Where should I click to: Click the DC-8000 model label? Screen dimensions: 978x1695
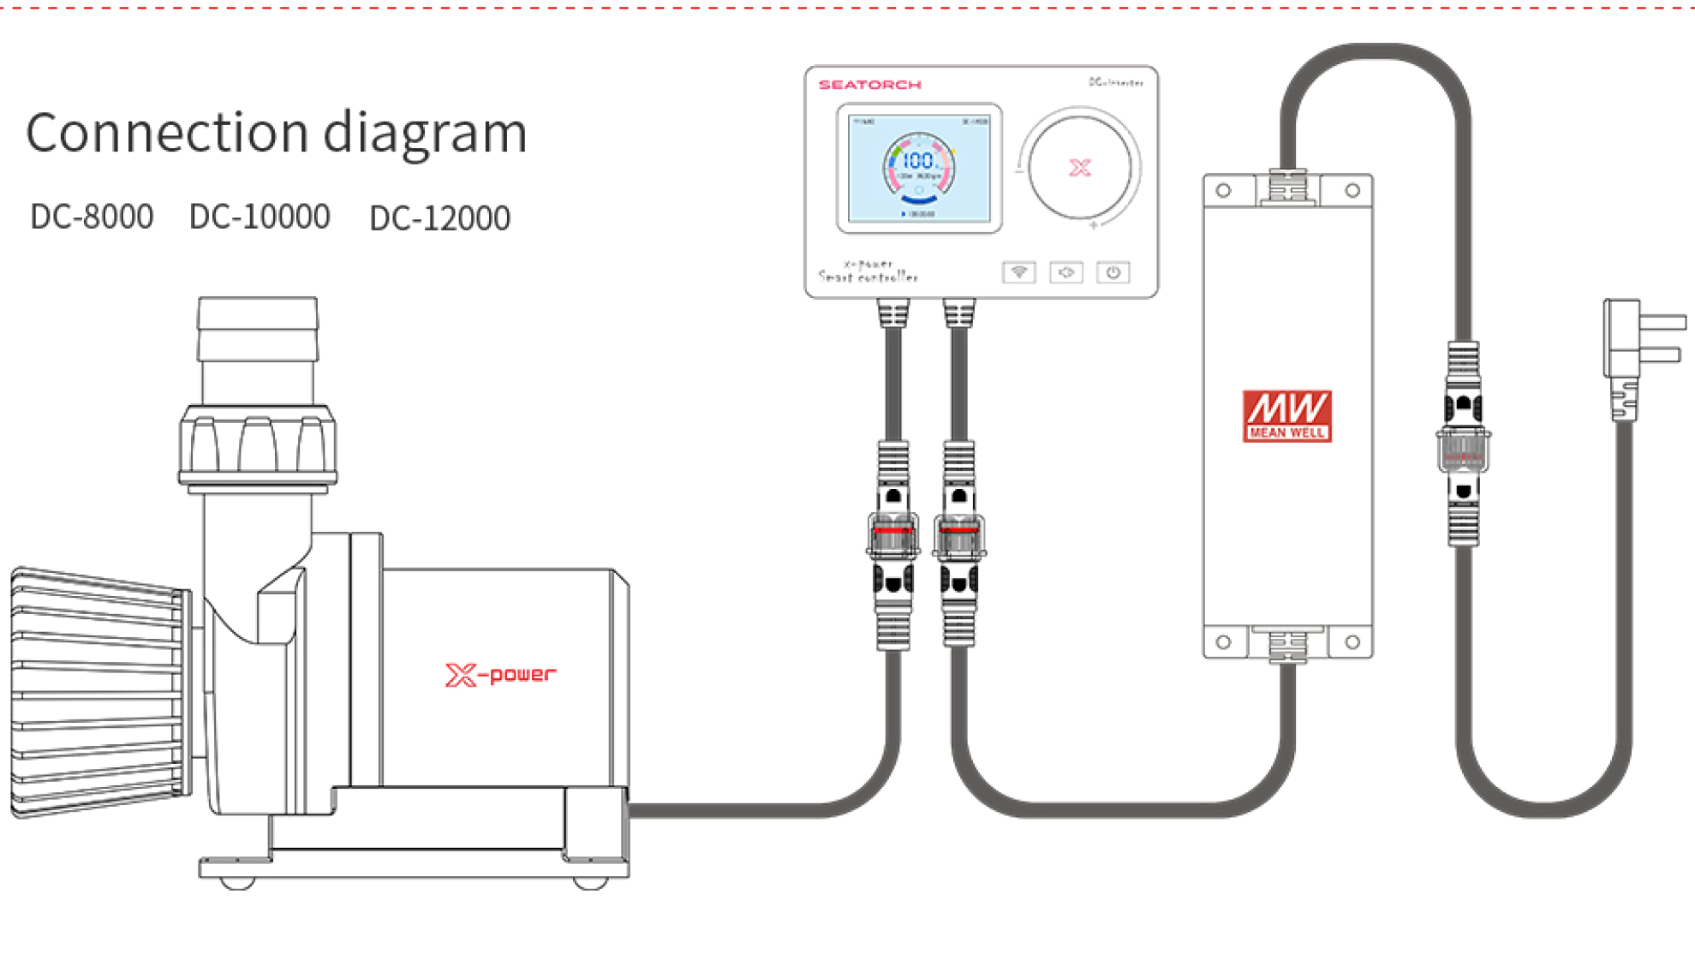pyautogui.click(x=92, y=217)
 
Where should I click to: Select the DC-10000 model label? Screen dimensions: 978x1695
pyautogui.click(x=260, y=217)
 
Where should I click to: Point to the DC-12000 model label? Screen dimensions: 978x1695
pyautogui.click(x=439, y=218)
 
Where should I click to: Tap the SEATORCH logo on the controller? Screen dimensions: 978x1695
pyautogui.click(x=869, y=85)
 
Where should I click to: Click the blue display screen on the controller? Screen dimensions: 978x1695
pyautogui.click(x=918, y=168)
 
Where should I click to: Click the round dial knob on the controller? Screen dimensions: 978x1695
pyautogui.click(x=1079, y=168)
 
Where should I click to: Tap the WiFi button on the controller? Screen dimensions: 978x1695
pyautogui.click(x=1018, y=272)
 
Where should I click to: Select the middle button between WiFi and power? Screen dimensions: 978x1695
pyautogui.click(x=1065, y=272)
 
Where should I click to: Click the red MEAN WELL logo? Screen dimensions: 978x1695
pyautogui.click(x=1286, y=416)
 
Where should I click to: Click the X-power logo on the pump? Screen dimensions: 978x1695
pyautogui.click(x=500, y=675)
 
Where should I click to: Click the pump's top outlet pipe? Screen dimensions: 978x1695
pyautogui.click(x=258, y=343)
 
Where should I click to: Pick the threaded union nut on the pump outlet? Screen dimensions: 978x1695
pyautogui.click(x=257, y=445)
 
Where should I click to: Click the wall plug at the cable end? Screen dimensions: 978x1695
pyautogui.click(x=1640, y=343)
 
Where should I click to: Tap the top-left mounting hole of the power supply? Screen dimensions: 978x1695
pyautogui.click(x=1223, y=190)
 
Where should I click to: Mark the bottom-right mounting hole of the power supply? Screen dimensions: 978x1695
pyautogui.click(x=1352, y=641)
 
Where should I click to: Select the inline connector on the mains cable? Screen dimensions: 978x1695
pyautogui.click(x=1463, y=445)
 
